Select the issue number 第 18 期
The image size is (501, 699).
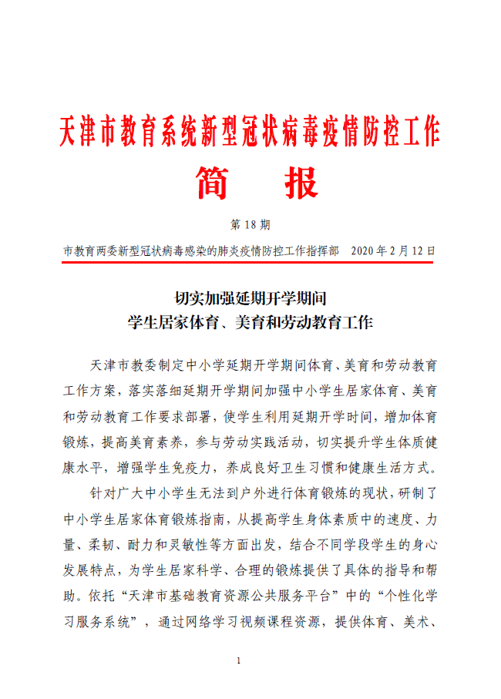pyautogui.click(x=250, y=226)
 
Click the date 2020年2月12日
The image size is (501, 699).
pyautogui.click(x=393, y=251)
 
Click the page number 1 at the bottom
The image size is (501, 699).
pyautogui.click(x=240, y=661)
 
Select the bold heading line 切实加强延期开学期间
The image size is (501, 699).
pyautogui.click(x=251, y=297)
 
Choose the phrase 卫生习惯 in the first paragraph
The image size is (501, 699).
pyautogui.click(x=337, y=468)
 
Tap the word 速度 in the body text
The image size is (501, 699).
pyautogui.click(x=379, y=519)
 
